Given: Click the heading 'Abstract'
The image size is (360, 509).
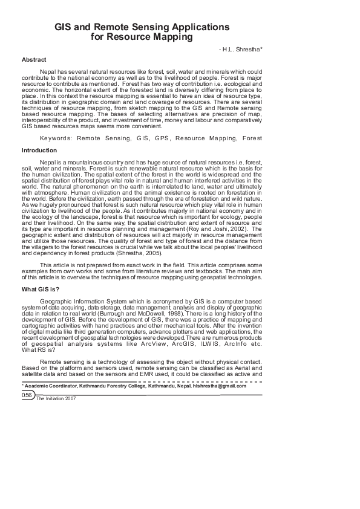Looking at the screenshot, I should point(34,60).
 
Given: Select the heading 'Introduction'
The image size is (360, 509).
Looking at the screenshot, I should point(39,150).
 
